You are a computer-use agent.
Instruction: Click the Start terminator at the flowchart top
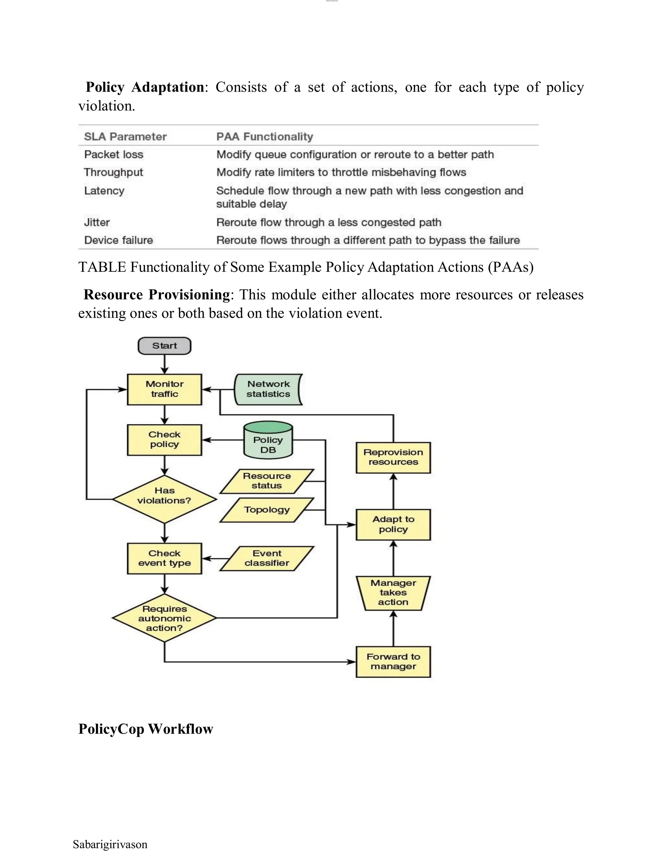pyautogui.click(x=164, y=346)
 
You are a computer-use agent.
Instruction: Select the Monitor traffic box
pyautogui.click(x=164, y=389)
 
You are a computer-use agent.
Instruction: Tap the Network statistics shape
pyautogui.click(x=268, y=389)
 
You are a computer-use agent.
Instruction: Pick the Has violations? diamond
pyautogui.click(x=164, y=499)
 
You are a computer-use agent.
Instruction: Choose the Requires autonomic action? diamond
pyautogui.click(x=164, y=618)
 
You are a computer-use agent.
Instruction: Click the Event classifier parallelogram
pyautogui.click(x=267, y=558)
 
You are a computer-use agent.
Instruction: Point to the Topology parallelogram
pyautogui.click(x=267, y=510)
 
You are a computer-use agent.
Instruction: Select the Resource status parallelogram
pyautogui.click(x=267, y=481)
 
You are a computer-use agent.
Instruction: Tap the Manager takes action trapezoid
pyautogui.click(x=393, y=593)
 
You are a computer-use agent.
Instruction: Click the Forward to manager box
pyautogui.click(x=393, y=661)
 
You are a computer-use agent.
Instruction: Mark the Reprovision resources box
pyautogui.click(x=393, y=457)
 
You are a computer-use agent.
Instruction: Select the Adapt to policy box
pyautogui.click(x=393, y=525)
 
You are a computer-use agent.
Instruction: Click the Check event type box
pyautogui.click(x=164, y=558)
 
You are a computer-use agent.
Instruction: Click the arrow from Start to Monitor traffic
pyautogui.click(x=164, y=364)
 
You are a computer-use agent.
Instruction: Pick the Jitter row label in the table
pyautogui.click(x=97, y=222)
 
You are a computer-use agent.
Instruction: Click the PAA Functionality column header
pyautogui.click(x=264, y=137)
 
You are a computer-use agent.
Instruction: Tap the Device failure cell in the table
pyautogui.click(x=118, y=240)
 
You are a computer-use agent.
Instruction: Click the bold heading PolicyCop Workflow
pyautogui.click(x=146, y=729)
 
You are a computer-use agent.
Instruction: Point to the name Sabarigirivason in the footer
pyautogui.click(x=110, y=844)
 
